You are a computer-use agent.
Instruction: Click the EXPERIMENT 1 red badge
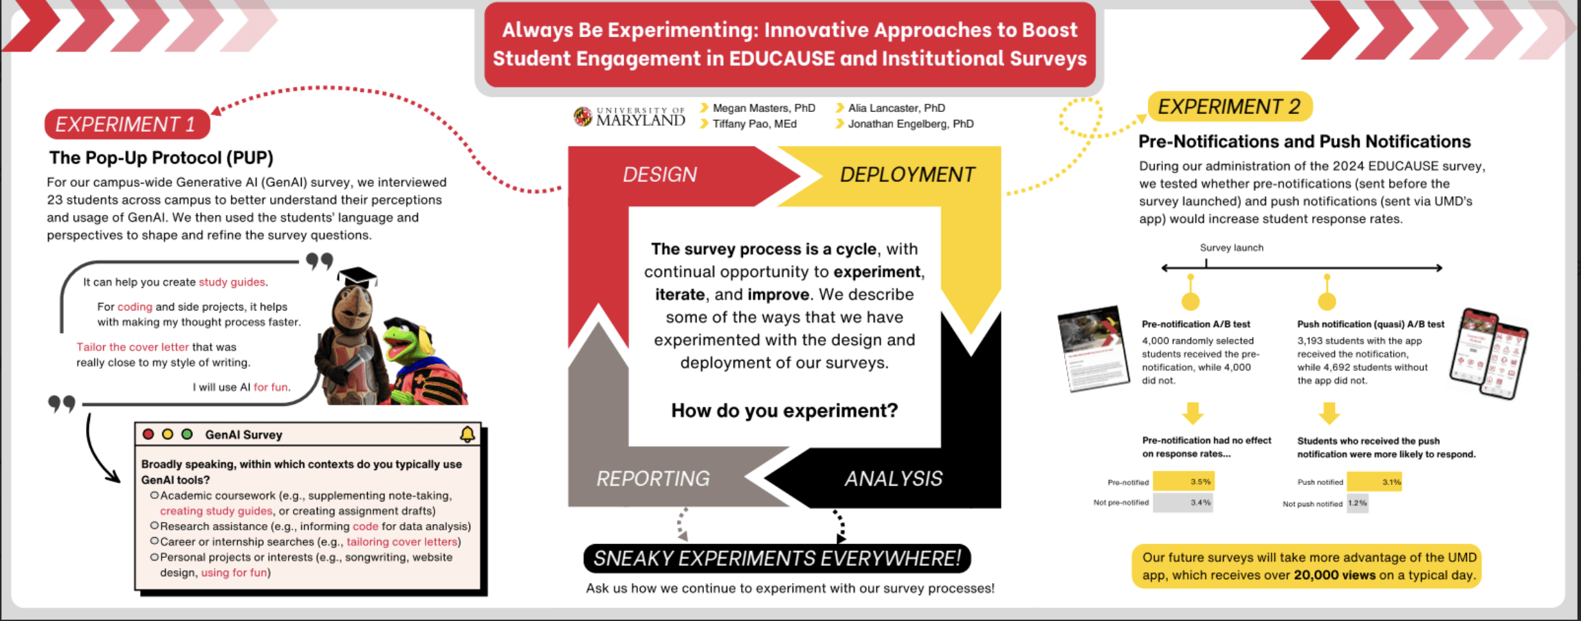tap(126, 124)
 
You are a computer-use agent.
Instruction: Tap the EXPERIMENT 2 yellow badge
tap(1229, 106)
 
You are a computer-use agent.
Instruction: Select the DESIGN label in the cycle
tap(659, 174)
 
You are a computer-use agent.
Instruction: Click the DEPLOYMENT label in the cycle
tap(907, 174)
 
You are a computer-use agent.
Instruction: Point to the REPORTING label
tap(652, 478)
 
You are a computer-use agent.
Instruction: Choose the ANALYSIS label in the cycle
tap(893, 478)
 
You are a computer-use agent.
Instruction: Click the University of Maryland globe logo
tap(583, 117)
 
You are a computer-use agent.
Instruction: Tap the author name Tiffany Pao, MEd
tap(754, 124)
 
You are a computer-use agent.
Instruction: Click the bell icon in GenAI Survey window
tap(467, 434)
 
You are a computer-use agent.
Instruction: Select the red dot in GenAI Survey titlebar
tap(148, 434)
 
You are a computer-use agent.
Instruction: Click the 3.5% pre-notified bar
tap(1183, 482)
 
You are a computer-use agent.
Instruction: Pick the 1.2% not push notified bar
tap(1357, 503)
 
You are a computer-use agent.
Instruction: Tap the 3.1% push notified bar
tap(1373, 482)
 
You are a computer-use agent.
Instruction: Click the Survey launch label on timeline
tap(1231, 247)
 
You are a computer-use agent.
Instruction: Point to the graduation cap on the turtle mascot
tap(357, 277)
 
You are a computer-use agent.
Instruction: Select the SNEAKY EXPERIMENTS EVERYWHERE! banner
tap(777, 558)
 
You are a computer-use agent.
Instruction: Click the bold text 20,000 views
tap(1334, 575)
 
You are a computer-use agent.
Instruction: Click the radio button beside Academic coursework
tap(155, 495)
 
